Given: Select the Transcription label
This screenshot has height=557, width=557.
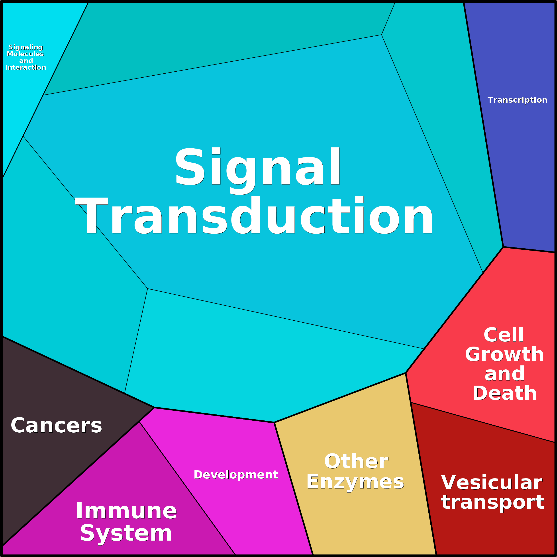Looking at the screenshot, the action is (517, 100).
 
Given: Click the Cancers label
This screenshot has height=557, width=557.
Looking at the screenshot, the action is (56, 426).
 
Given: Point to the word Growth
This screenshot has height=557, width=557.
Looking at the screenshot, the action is (504, 354).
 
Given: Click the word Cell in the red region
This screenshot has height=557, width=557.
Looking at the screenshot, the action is (503, 335).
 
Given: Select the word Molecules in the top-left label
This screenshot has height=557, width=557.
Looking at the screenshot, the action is (25, 54).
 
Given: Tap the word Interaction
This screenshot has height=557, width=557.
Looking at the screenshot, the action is (26, 67).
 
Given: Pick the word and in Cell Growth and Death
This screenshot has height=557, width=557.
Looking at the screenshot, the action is (504, 374).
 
